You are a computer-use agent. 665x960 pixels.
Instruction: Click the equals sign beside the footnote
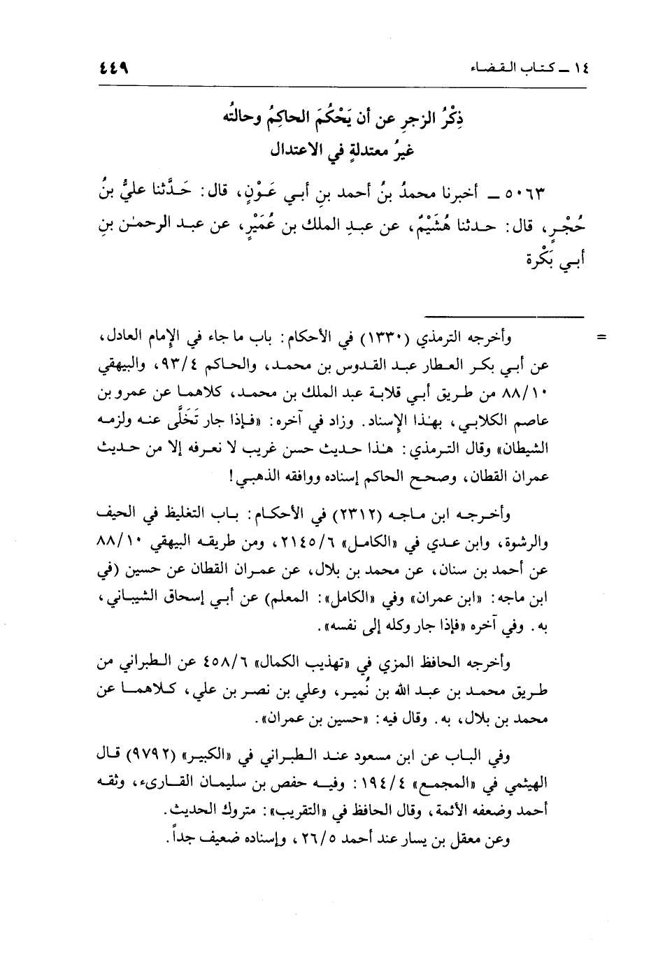pyautogui.click(x=599, y=339)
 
